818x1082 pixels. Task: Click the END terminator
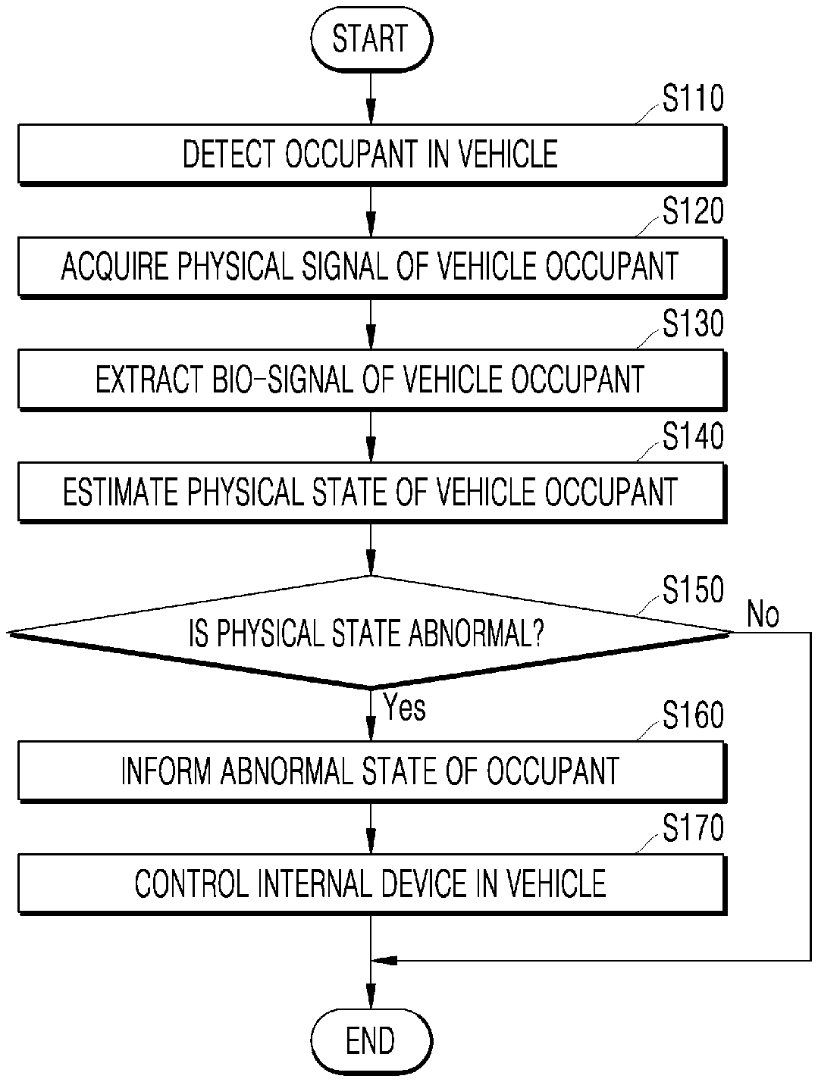[370, 1040]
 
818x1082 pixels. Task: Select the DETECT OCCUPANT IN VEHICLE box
[370, 155]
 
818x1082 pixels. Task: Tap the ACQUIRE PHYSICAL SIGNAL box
[370, 267]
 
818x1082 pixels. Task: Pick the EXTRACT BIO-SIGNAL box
[370, 379]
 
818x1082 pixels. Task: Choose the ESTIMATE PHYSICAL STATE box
[370, 491]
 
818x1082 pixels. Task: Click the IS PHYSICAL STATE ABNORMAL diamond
[368, 632]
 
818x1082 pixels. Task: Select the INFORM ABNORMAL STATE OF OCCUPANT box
[370, 771]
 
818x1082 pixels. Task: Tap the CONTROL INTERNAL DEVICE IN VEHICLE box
[370, 883]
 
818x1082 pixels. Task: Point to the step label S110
[693, 100]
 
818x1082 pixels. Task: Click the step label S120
[693, 212]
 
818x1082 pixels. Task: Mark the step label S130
[693, 324]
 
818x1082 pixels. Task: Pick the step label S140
[693, 436]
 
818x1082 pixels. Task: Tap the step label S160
[693, 716]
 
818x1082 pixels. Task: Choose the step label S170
[693, 828]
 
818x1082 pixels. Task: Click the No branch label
[763, 614]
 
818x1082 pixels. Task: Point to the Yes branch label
[405, 708]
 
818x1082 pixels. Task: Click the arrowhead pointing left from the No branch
[384, 961]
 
